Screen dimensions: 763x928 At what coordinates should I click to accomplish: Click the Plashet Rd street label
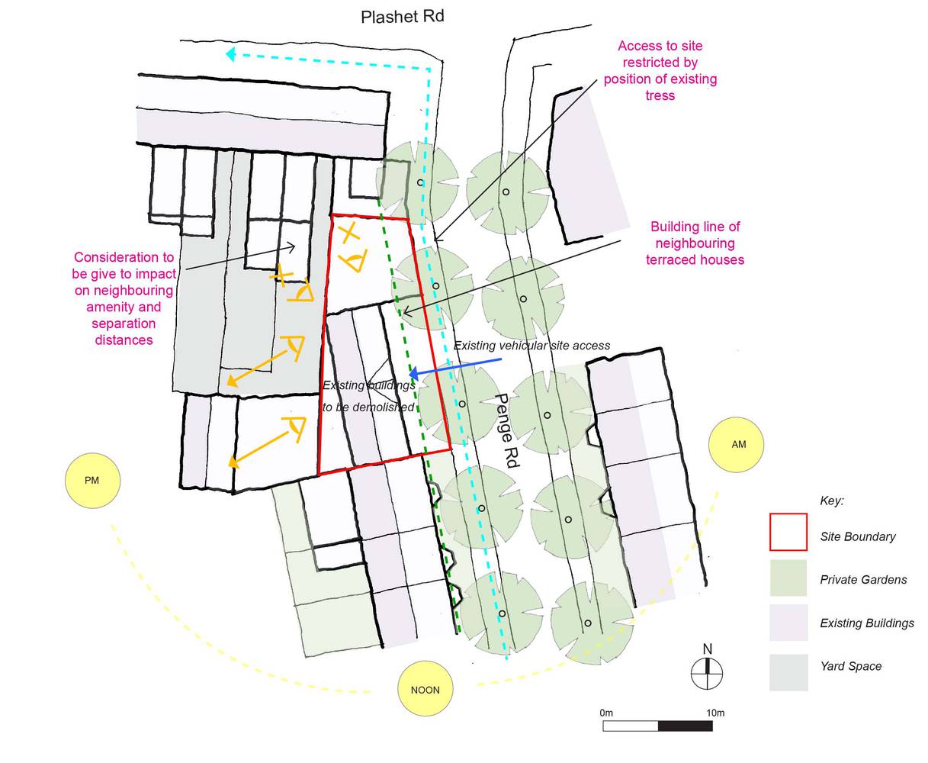pyautogui.click(x=402, y=17)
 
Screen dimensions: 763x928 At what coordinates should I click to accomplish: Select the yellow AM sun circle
pyautogui.click(x=738, y=444)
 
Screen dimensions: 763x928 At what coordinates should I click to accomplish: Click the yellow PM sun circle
pyautogui.click(x=92, y=480)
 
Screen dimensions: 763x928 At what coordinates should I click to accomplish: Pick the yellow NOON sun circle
pyautogui.click(x=425, y=690)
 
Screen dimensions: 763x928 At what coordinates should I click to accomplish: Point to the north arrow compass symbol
pyautogui.click(x=708, y=672)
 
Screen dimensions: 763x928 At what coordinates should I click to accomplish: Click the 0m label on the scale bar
pyautogui.click(x=606, y=713)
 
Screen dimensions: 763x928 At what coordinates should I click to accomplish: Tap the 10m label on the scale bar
pyautogui.click(x=714, y=713)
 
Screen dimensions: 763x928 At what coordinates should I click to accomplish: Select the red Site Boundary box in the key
pyautogui.click(x=788, y=532)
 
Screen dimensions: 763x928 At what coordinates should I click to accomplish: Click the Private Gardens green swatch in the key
pyautogui.click(x=788, y=578)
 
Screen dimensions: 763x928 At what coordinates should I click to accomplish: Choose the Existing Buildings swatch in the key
pyautogui.click(x=788, y=622)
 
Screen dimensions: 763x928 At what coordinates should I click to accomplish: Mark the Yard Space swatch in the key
pyautogui.click(x=788, y=671)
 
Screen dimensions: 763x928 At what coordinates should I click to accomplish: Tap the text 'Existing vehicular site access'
pyautogui.click(x=531, y=346)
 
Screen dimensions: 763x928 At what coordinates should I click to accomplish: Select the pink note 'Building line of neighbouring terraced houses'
pyautogui.click(x=695, y=243)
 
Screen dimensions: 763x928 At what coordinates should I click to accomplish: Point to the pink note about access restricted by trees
pyautogui.click(x=660, y=71)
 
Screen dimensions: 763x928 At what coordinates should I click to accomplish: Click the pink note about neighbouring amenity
pyautogui.click(x=124, y=298)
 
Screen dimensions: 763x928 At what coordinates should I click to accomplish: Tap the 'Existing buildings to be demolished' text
pyautogui.click(x=368, y=396)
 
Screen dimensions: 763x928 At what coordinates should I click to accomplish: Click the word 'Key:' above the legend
pyautogui.click(x=831, y=501)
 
